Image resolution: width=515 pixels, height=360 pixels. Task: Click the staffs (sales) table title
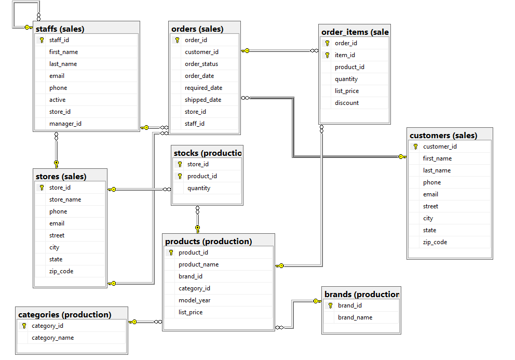[x=60, y=29]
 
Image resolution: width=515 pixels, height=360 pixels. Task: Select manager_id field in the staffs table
[x=65, y=124]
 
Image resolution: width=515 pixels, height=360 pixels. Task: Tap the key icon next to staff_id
[x=42, y=40]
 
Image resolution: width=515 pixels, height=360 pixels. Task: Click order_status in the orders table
[x=201, y=64]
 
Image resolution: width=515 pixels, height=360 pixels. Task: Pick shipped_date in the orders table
[x=203, y=100]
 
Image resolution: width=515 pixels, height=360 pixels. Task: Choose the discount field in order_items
[x=347, y=103]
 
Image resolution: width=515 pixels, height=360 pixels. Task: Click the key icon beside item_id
[x=327, y=55]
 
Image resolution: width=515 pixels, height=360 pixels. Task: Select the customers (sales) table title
[x=443, y=135]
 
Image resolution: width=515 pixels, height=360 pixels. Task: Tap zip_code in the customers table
[x=435, y=242]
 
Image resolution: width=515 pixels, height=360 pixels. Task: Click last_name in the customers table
[x=437, y=170]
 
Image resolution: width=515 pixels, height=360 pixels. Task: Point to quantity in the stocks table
[x=199, y=188]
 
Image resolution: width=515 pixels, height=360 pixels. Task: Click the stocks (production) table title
[x=207, y=153]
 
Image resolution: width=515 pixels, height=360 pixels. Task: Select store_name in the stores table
[x=65, y=199]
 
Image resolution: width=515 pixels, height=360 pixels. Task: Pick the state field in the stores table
[x=56, y=259]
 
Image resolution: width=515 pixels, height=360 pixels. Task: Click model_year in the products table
[x=195, y=300]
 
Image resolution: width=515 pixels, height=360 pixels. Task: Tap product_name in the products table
[x=198, y=264]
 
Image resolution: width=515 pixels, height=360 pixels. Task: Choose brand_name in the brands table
[x=355, y=317]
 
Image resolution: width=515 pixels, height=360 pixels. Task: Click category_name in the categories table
[x=52, y=338]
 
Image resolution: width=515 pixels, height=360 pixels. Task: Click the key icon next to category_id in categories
[x=24, y=326]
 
